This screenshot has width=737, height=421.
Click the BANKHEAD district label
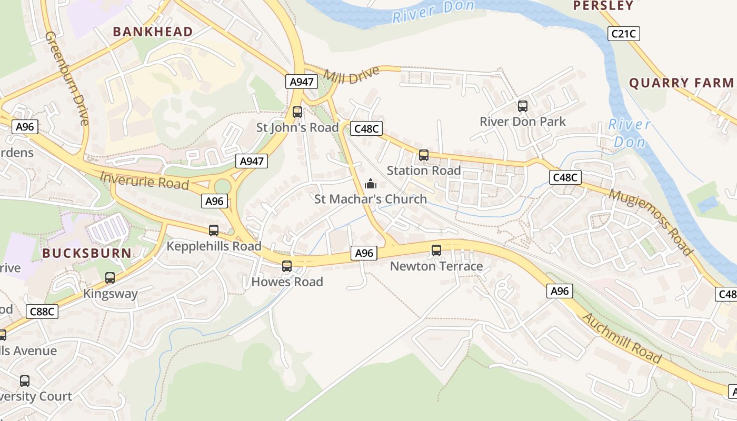[x=153, y=32]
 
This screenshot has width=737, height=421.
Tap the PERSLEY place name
[x=603, y=6]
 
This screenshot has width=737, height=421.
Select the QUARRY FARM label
[x=681, y=83]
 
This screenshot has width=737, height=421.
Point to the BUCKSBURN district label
[x=87, y=253]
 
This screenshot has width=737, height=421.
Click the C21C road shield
[x=624, y=34]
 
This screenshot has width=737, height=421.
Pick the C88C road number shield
[x=43, y=312]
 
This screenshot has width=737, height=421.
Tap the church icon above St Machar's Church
[x=371, y=184]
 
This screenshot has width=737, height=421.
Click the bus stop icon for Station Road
[x=424, y=155]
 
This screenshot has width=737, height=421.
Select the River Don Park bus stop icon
[x=523, y=106]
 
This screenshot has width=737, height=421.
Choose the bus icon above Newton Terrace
[x=436, y=250]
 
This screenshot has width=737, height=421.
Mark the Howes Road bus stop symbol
[x=287, y=266]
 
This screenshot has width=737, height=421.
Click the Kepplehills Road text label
[x=214, y=246]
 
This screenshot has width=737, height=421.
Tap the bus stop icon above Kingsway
[x=110, y=278]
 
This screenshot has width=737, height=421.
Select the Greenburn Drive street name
[x=67, y=78]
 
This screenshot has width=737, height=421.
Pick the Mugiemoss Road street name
[x=651, y=222]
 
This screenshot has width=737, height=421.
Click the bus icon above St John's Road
[x=297, y=112]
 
